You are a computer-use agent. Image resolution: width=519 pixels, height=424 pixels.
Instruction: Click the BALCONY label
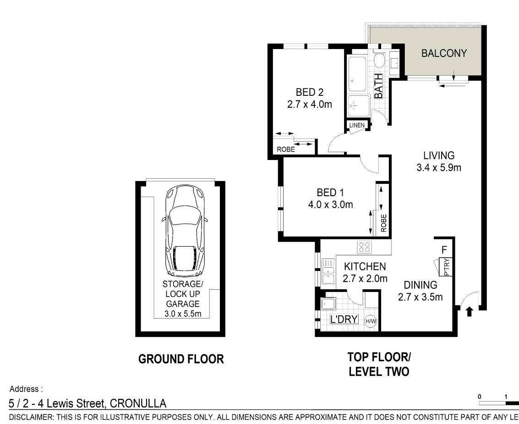pos(444,53)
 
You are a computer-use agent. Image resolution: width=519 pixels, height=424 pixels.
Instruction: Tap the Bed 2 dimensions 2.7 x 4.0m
pos(310,105)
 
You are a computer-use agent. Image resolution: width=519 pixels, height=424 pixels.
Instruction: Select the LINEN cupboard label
pos(357,125)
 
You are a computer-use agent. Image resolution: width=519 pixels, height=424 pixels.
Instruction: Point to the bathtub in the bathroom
pos(357,75)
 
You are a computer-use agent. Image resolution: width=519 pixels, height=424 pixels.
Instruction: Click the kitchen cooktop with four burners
pos(365,247)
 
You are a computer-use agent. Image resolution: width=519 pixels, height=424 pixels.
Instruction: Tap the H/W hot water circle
pos(371,321)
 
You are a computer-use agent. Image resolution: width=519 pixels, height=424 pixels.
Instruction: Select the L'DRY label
pos(344,319)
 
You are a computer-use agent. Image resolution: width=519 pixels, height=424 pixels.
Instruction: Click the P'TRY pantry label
pos(447,267)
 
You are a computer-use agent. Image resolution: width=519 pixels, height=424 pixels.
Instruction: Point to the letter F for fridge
pos(444,249)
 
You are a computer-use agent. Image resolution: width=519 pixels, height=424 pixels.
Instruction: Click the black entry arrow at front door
pos(469,311)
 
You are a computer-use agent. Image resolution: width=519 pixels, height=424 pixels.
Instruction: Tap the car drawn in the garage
pos(185,231)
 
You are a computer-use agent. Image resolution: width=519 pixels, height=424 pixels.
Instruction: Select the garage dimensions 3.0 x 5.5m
pos(183,314)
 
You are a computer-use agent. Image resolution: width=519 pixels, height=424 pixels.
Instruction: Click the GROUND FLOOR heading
pos(181,359)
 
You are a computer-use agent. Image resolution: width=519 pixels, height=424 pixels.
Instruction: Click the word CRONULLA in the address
pos(138,403)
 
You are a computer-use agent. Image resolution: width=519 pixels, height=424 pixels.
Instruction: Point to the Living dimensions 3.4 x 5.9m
pos(439,168)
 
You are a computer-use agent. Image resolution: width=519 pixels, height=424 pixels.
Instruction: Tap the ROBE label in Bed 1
pos(383,223)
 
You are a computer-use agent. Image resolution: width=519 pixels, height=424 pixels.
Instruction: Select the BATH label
pos(378,86)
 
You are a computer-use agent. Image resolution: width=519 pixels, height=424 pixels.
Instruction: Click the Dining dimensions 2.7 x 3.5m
pos(421,297)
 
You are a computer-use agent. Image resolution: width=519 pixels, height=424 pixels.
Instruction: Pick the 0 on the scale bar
pos(479,396)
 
